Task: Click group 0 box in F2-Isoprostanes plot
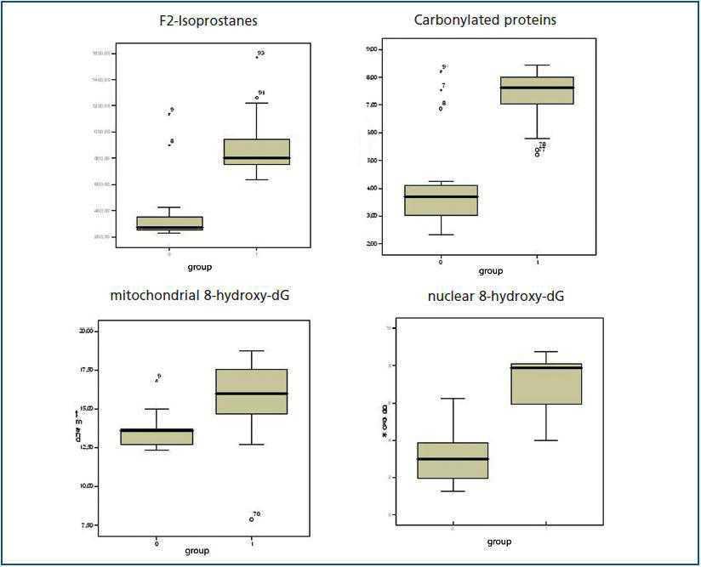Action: [x=170, y=224]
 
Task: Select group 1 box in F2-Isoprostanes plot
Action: [x=257, y=151]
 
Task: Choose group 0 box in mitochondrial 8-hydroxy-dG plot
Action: [x=157, y=437]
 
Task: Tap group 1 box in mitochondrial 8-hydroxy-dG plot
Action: [x=252, y=392]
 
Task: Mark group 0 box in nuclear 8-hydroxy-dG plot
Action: [x=453, y=460]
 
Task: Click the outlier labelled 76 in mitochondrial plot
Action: [x=251, y=519]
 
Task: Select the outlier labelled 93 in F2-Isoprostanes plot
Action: [x=256, y=56]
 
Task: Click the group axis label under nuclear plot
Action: [x=499, y=541]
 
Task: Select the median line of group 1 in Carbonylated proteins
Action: [x=538, y=88]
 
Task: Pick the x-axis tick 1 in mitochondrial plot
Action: [x=252, y=541]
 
